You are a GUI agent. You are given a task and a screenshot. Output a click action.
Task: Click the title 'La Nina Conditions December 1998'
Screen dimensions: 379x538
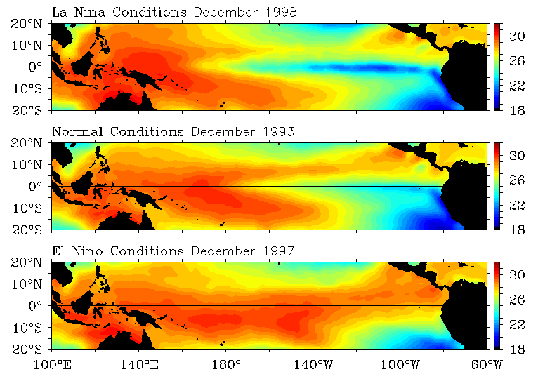(175, 13)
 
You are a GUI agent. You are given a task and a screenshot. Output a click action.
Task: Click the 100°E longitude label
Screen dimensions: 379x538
(53, 364)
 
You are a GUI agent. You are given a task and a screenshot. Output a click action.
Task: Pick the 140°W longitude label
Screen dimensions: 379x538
(313, 364)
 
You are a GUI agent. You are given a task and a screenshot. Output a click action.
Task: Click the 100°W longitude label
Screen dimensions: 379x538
(400, 364)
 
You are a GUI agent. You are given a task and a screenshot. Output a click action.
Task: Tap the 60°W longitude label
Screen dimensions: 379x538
(485, 364)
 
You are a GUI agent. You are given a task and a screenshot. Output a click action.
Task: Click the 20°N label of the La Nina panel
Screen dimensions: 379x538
(33, 23)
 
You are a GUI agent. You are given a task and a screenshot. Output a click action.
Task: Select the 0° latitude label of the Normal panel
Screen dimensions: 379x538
(39, 186)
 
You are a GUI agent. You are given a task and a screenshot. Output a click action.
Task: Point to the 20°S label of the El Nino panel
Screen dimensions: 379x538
(33, 349)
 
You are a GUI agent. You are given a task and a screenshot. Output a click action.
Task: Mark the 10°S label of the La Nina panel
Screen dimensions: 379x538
(33, 88)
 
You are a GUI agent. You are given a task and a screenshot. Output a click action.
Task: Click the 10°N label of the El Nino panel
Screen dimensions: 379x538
(33, 284)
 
